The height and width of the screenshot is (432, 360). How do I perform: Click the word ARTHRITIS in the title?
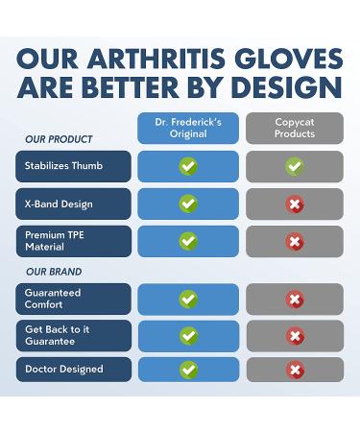165,60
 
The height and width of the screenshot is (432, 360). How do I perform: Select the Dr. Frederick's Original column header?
188,129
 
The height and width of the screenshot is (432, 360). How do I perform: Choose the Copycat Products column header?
294,129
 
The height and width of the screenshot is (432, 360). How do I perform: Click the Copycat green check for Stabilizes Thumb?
294,166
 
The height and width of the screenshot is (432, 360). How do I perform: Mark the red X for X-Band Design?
294,204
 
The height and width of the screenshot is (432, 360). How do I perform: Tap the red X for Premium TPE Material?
294,241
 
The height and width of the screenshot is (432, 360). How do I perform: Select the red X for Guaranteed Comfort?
294,300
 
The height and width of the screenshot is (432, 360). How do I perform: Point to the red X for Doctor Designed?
294,370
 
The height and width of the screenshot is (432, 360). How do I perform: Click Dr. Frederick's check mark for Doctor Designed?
188,370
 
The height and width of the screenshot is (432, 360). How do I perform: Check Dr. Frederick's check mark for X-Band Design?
188,204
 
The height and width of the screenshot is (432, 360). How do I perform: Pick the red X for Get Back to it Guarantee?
294,336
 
